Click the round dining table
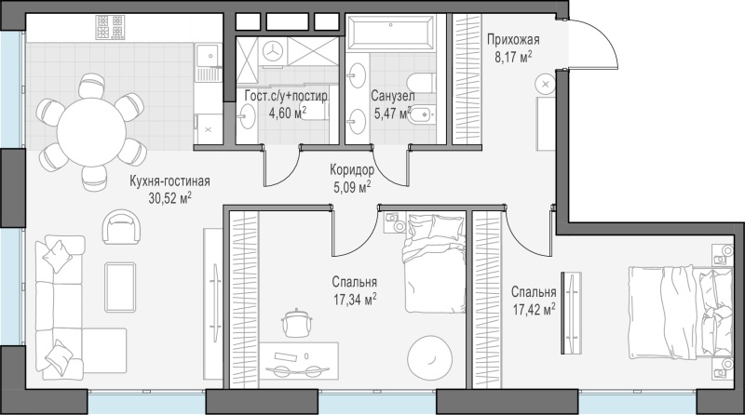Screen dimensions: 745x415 91,132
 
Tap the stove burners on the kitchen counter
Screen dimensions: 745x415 110,27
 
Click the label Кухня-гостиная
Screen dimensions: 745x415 170,181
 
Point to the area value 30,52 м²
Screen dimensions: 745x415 169,198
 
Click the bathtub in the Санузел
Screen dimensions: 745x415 390,33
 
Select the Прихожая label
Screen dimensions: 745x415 513,39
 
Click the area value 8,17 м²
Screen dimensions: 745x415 513,58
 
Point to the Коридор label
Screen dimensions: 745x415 352,169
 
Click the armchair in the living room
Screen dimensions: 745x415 122,226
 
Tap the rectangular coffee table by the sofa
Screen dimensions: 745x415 120,287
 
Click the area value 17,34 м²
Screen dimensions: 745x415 355,299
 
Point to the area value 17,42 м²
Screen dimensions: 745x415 534,310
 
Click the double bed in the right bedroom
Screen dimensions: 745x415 681,313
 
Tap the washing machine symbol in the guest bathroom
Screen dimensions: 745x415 273,50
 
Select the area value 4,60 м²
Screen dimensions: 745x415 287,113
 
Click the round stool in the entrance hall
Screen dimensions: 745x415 545,84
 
